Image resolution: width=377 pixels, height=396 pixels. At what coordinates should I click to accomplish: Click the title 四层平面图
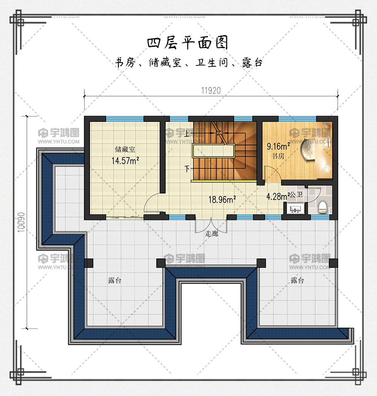pos(188,42)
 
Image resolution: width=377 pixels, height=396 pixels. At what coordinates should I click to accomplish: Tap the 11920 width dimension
pos(211,90)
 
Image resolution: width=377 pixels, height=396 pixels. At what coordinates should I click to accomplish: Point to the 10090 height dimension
pos(22,222)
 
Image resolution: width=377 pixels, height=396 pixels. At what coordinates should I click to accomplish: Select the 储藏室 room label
pos(125,149)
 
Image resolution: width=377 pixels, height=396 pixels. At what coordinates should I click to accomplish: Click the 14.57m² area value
pos(125,161)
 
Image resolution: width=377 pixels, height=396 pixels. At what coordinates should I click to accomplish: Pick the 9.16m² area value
pos(278,146)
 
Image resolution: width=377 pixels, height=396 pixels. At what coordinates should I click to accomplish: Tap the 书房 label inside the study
pos(278,156)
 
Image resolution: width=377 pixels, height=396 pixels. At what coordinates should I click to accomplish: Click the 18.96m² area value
pos(222,200)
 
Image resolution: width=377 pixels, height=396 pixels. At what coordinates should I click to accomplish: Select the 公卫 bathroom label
pos(296,195)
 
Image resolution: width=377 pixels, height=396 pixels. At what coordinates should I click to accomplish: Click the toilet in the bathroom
pos(323,207)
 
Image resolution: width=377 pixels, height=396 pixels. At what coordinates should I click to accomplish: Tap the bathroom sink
pos(295,209)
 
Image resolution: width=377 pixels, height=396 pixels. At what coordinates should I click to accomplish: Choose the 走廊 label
pos(212,233)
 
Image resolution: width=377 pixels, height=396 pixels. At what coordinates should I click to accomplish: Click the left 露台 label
pos(115,280)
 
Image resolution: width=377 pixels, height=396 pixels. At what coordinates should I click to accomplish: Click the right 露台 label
pos(297,280)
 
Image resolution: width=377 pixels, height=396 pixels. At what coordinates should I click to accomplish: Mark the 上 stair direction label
pos(187,133)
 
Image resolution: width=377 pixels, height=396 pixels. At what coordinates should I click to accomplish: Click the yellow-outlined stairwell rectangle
pos(213,151)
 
